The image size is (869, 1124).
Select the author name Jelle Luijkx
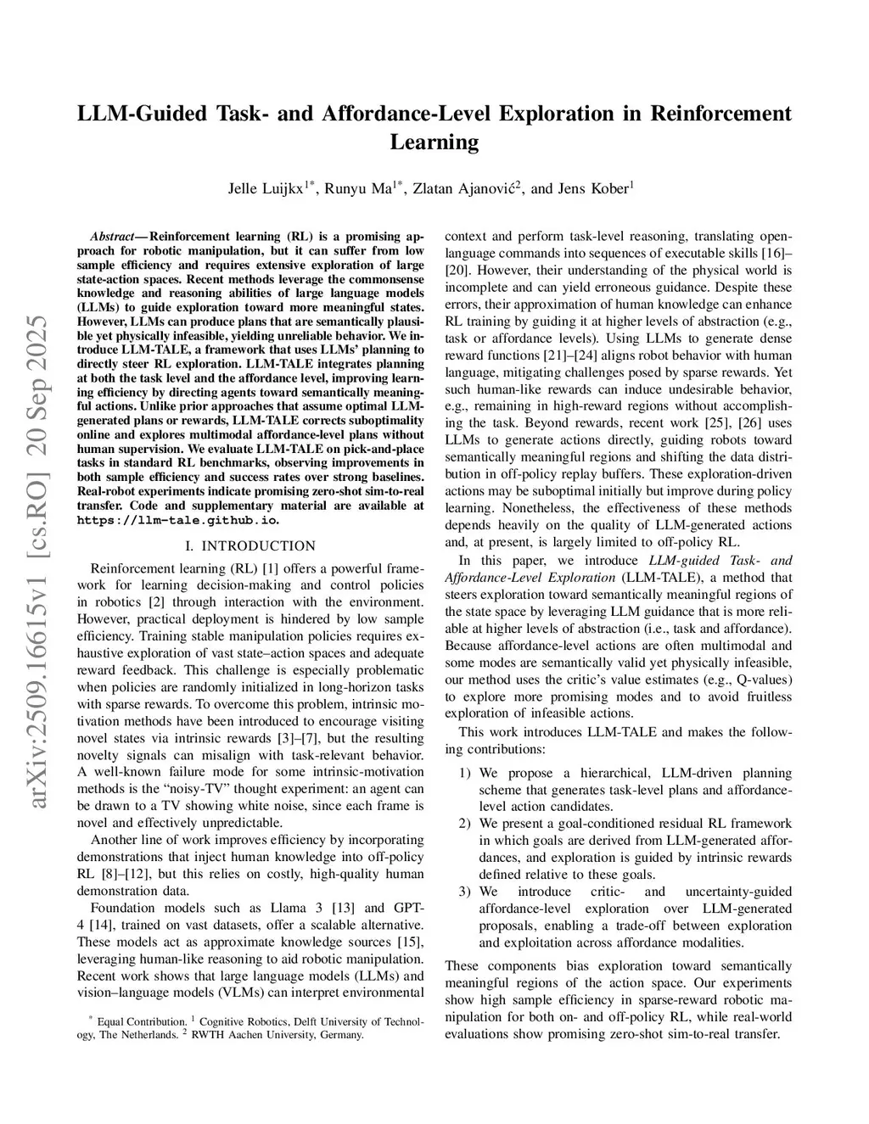(x=266, y=188)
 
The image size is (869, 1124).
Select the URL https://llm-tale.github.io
(x=177, y=520)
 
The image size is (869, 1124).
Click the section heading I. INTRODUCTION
(x=250, y=545)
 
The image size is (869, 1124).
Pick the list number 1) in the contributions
(x=465, y=773)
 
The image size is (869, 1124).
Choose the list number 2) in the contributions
(x=465, y=824)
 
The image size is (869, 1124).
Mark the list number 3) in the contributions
(x=465, y=892)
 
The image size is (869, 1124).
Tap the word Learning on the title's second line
(x=434, y=142)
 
